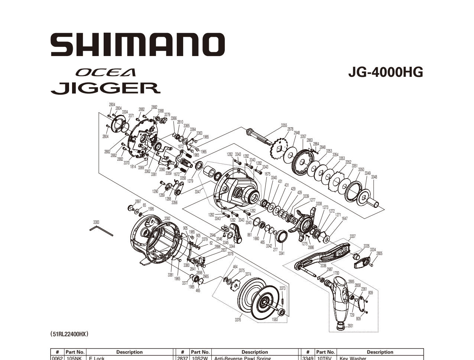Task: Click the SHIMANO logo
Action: coord(138,45)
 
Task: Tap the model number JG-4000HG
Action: coord(385,72)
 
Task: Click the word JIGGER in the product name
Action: coord(105,88)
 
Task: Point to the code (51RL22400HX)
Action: coord(69,334)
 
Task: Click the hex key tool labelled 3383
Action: coord(101,231)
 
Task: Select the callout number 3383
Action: coord(96,222)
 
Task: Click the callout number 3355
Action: coord(284,125)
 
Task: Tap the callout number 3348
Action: coord(374,177)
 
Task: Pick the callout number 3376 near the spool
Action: coord(238,320)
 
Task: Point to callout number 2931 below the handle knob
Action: coord(350,326)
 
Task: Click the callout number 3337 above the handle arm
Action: coord(353,236)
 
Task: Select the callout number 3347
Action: coord(197,192)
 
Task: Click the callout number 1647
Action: coord(344,219)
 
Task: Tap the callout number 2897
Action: coord(138,201)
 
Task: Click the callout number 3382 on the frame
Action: coord(167,219)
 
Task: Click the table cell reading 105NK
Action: coord(75,358)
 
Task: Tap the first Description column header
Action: coord(129,352)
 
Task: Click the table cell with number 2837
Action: coord(182,358)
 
